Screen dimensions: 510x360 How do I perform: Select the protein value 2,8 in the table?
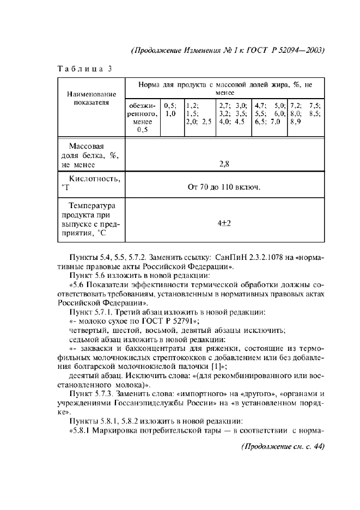[x=224, y=163]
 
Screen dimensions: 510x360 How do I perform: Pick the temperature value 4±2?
[x=224, y=223]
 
